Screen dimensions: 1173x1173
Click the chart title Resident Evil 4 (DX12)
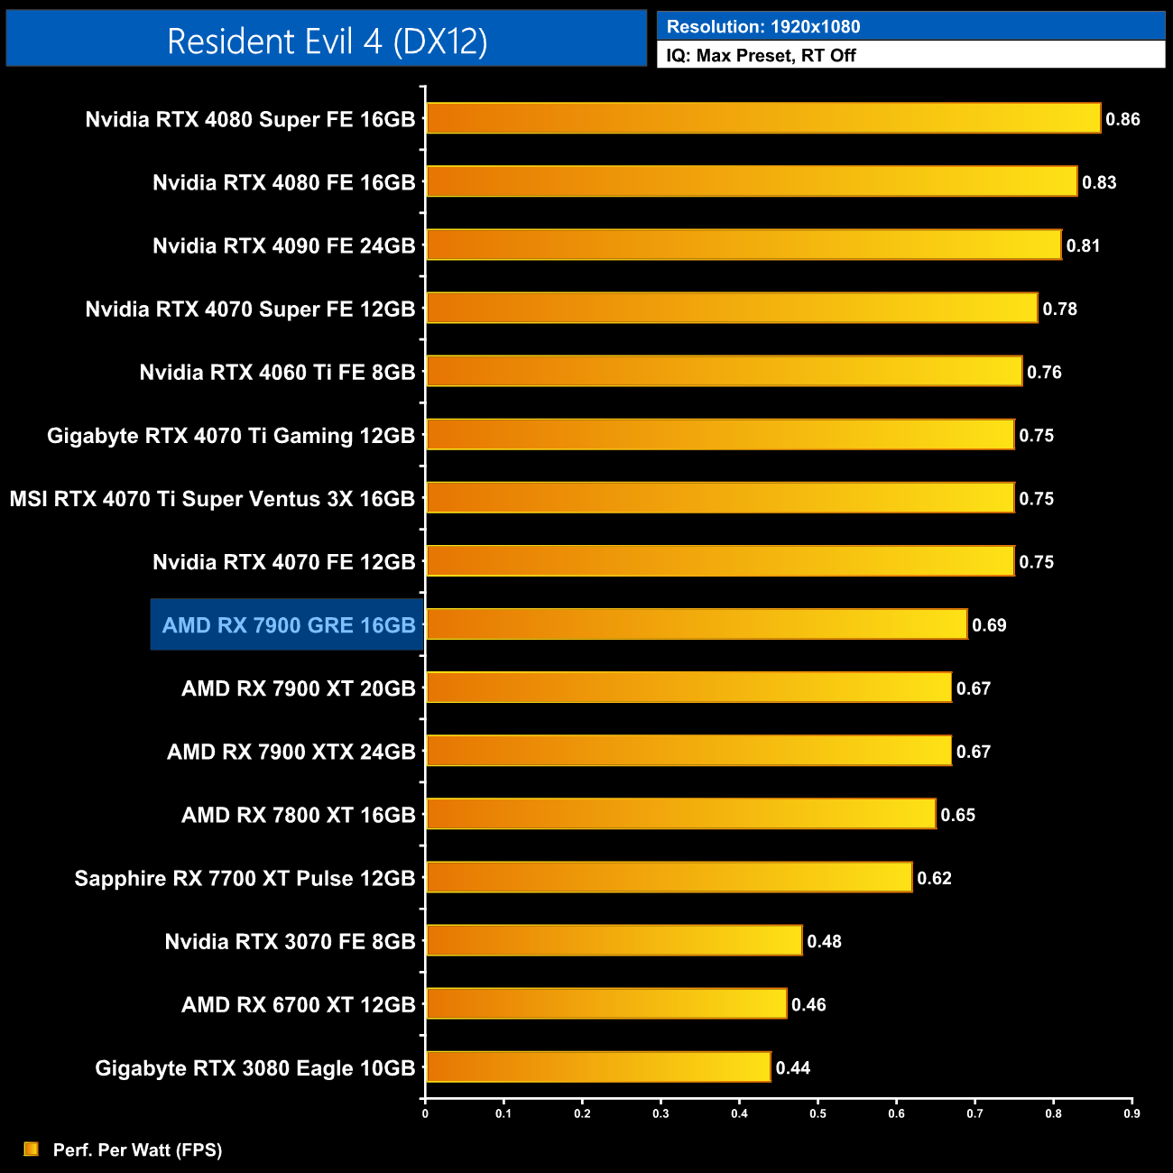point(327,42)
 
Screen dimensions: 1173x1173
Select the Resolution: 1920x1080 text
point(762,27)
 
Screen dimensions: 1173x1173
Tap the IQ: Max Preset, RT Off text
point(761,55)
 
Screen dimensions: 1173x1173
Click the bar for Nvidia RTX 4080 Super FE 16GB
point(762,118)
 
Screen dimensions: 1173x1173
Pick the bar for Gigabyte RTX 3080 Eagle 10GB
point(597,1067)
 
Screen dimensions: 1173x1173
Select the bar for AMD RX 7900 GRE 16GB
point(696,624)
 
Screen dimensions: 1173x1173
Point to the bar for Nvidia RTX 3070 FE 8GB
point(614,940)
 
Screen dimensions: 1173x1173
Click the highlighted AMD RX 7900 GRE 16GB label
point(288,625)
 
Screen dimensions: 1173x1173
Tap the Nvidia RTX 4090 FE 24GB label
point(283,246)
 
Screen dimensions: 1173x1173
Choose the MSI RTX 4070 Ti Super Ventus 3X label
point(212,499)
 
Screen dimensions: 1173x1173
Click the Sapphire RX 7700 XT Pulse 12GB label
point(245,879)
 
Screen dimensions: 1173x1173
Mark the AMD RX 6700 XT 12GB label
point(298,1005)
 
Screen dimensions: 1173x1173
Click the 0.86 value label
point(1122,119)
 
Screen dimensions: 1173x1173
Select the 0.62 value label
point(934,879)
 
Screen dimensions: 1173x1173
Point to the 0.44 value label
point(792,1068)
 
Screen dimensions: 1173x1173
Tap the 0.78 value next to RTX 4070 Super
point(1059,309)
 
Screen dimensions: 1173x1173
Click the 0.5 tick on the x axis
point(817,1113)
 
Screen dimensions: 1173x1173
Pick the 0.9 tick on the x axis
point(1131,1113)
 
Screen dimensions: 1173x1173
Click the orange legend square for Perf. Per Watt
point(32,1149)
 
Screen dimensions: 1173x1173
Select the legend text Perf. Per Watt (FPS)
point(137,1150)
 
